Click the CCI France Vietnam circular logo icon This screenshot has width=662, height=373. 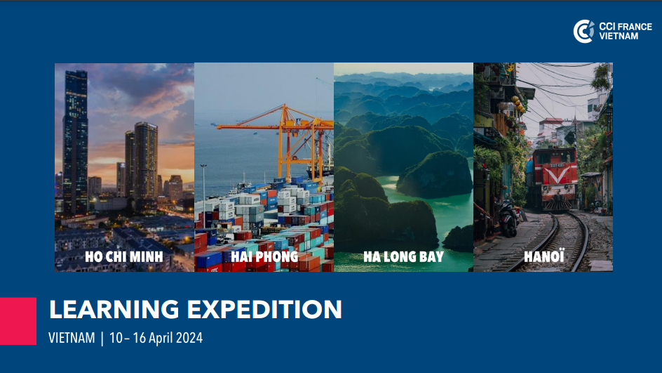click(583, 32)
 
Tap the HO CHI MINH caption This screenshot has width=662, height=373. click(123, 256)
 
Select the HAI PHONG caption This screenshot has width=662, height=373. click(264, 256)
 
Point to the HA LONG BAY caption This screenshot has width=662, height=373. click(404, 256)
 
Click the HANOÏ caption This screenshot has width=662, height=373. click(543, 256)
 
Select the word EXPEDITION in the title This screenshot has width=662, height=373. click(264, 309)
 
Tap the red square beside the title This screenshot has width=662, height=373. click(18, 321)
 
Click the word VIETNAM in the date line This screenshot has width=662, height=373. click(72, 338)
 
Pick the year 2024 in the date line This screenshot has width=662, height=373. click(189, 338)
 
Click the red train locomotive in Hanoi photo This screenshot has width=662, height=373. click(554, 178)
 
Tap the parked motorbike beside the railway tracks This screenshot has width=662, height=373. click(509, 218)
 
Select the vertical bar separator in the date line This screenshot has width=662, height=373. click(102, 339)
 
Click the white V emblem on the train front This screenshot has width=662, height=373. click(558, 174)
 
